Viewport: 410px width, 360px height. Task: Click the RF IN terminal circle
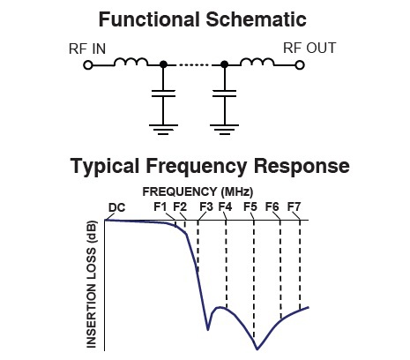[88, 65]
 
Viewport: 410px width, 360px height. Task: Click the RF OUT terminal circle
[299, 65]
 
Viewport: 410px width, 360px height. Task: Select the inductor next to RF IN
[130, 62]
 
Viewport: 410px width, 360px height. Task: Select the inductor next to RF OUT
[257, 62]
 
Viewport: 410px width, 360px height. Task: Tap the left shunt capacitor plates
[163, 94]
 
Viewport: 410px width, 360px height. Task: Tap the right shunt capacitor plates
[224, 94]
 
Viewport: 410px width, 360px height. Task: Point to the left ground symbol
[163, 130]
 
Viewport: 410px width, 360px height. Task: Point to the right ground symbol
[224, 130]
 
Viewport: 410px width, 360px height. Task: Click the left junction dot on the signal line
[163, 64]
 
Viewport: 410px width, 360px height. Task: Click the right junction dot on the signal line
[224, 64]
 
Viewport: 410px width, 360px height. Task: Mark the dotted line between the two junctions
[194, 64]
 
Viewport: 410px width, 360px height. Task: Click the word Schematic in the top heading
[256, 19]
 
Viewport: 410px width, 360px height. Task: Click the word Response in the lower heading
[302, 166]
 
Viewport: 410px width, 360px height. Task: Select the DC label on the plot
[116, 207]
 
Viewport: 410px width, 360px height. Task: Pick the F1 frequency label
[160, 206]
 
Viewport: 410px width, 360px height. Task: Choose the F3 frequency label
[206, 206]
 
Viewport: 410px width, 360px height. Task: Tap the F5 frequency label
[250, 206]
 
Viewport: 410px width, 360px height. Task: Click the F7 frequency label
[294, 206]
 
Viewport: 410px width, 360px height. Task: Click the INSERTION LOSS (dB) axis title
[92, 284]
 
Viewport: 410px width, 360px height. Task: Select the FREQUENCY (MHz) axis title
[198, 191]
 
